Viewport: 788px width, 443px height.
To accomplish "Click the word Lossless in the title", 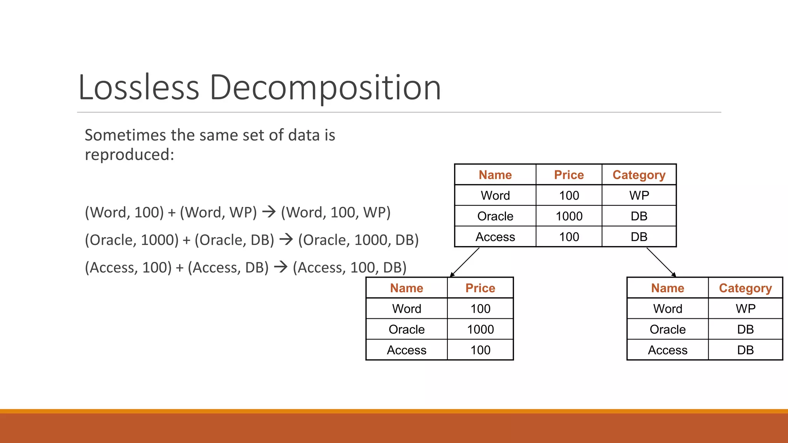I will click(139, 88).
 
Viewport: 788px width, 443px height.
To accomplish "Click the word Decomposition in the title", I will click(325, 88).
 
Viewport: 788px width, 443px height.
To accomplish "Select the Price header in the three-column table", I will click(569, 175).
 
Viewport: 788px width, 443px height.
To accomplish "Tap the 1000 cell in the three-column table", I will click(569, 216).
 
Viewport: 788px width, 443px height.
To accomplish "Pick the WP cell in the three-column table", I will click(639, 195).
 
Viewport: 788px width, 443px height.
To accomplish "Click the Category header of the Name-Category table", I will click(745, 288).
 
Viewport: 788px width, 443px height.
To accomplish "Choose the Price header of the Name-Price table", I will click(480, 288).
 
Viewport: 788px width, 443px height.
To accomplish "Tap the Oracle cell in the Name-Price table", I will click(406, 330).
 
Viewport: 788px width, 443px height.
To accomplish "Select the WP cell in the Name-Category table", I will click(745, 309).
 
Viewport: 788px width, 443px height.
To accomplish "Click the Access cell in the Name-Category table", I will click(668, 350).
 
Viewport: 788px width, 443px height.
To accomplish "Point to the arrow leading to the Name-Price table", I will click(464, 262).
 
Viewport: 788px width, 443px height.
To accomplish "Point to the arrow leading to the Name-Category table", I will click(661, 262).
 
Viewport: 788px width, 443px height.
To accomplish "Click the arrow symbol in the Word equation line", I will click(269, 212).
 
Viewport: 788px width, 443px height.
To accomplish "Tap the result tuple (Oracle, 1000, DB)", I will click(358, 240).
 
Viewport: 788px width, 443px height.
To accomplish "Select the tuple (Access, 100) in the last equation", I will click(128, 268).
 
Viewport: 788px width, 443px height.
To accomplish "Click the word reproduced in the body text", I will click(129, 155).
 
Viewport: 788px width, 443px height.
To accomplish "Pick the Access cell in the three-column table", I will click(495, 237).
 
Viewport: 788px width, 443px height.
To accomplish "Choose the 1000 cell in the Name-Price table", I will click(480, 330).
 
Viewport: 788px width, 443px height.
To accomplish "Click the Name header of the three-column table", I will click(495, 175).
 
